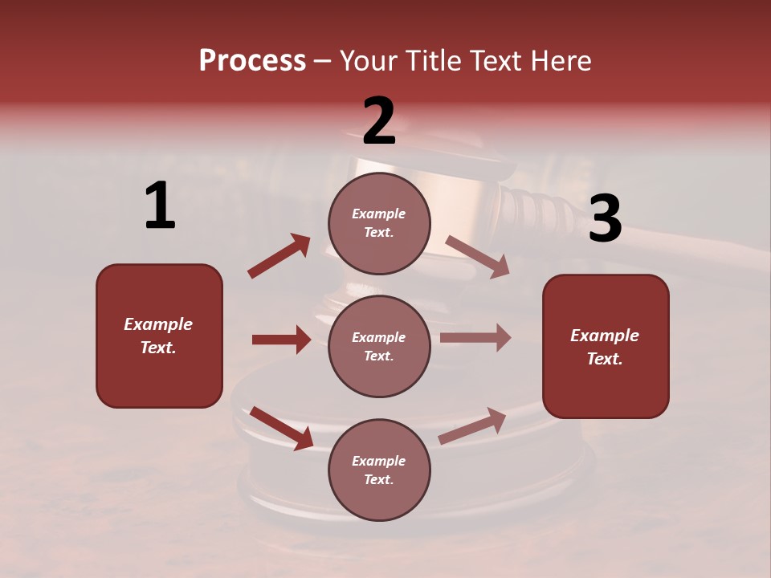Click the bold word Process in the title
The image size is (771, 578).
[252, 60]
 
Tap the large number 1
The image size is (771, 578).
[160, 206]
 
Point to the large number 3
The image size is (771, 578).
[605, 219]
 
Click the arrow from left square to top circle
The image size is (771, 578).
[279, 256]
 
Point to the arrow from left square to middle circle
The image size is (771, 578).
[281, 340]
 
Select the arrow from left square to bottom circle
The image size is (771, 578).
[281, 428]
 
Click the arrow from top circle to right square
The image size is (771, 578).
[477, 256]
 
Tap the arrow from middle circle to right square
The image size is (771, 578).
[475, 338]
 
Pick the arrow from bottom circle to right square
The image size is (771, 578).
[472, 426]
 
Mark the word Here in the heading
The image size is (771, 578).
[560, 60]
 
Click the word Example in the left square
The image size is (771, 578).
[158, 324]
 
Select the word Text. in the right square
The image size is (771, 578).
[605, 359]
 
